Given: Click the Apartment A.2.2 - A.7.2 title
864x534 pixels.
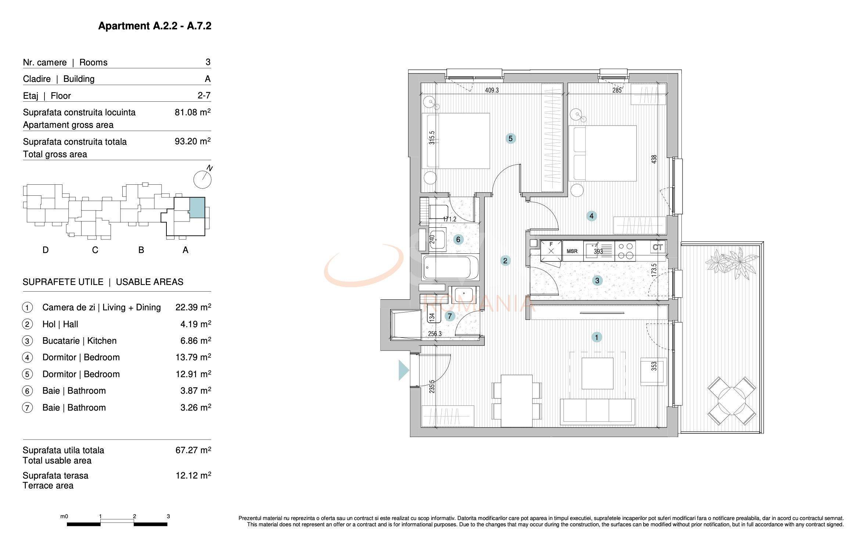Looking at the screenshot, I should coord(155,26).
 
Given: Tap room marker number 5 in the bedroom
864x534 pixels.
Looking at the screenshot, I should coord(510,138).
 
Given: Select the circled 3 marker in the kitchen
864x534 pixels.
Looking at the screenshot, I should coord(597,281).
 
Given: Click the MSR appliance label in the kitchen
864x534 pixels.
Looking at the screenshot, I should coord(572,251).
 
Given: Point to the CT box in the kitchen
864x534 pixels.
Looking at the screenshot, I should coord(658,247).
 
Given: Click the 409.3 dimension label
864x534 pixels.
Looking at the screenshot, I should coord(492,90).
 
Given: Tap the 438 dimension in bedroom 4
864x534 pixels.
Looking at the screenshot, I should coord(654,159).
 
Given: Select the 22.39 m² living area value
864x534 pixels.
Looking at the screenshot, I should coord(193,307).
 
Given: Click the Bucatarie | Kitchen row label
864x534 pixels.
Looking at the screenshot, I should coord(79,341).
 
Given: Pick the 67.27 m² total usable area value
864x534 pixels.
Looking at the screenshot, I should coord(193,450).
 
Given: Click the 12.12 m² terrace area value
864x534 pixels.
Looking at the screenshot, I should coord(193,476).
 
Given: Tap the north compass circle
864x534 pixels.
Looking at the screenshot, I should coord(202,180).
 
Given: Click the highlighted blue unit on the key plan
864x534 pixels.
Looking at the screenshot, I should coord(197,208).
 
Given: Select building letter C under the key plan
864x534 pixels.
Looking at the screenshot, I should coord(95,250).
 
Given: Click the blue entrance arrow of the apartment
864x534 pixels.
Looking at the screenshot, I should coord(403,370).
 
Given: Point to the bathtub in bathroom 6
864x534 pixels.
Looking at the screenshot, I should coord(450,267).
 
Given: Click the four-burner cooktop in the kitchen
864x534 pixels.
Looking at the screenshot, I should coord(625,251).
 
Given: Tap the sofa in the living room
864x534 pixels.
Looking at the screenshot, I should coord(597,411).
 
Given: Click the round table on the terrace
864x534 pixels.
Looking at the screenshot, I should coord(732,401).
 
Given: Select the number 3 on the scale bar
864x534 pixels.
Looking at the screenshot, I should coord(168,516).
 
